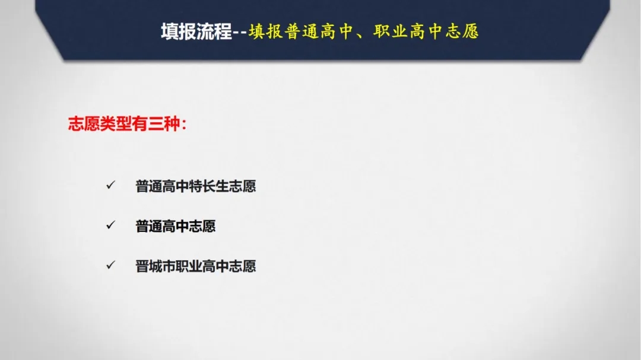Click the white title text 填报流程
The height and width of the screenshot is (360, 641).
point(196,31)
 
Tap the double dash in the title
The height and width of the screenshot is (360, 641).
point(240,32)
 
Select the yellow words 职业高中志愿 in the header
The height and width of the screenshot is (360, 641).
point(426,31)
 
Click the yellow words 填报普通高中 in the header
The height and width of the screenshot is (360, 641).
point(300,31)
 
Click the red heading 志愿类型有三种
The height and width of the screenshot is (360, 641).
point(124,124)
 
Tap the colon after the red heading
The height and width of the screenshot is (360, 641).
point(184,125)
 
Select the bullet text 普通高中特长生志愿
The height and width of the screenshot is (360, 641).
point(196,186)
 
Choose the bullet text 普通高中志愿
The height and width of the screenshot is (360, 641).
point(176,227)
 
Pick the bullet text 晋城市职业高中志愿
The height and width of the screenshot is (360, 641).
point(196,266)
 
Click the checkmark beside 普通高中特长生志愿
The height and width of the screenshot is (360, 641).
point(111,185)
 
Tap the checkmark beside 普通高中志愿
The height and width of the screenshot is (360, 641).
point(111,225)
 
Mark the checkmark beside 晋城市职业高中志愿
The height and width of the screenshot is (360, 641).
point(111,265)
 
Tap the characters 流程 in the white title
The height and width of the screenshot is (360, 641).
point(214,31)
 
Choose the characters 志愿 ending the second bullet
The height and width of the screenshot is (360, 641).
point(202,227)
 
